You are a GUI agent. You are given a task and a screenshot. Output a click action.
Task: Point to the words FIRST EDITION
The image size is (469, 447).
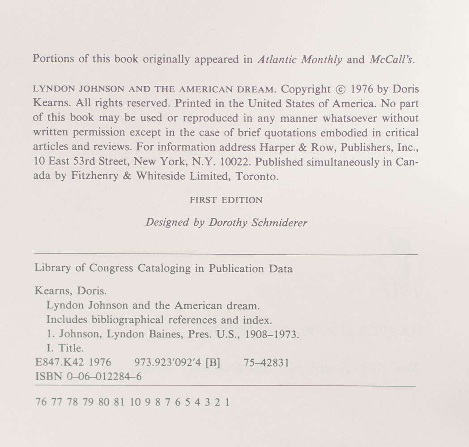tap(226, 200)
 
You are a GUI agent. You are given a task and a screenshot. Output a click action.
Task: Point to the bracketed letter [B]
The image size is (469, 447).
tap(212, 363)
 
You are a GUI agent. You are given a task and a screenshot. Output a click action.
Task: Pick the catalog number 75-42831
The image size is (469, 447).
tap(266, 363)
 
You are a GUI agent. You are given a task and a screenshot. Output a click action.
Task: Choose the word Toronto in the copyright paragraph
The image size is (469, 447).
tap(258, 176)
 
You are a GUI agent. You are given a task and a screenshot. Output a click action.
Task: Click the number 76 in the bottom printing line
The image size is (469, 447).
tap(40, 402)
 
